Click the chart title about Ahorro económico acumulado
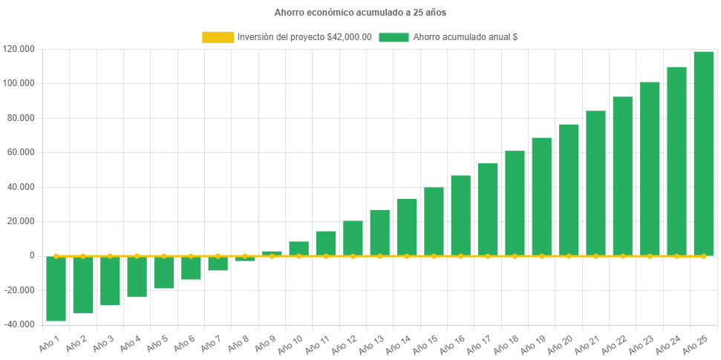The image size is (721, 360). (360, 13)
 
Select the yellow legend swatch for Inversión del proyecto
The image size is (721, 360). (218, 37)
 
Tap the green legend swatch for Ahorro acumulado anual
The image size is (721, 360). (394, 37)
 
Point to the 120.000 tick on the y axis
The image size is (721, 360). (19, 49)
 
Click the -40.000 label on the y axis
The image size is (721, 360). (19, 324)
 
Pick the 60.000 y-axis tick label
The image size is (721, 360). (19, 152)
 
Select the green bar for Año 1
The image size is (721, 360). (56, 289)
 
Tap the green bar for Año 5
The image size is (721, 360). (163, 272)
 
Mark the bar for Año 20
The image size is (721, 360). (569, 189)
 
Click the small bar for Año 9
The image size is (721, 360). (272, 253)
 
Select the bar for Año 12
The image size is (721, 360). (353, 238)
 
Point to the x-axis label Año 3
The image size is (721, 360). (103, 343)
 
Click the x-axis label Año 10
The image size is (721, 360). (292, 343)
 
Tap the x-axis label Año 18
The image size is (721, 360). (508, 343)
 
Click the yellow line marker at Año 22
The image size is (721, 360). (622, 256)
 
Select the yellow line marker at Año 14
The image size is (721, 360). (407, 256)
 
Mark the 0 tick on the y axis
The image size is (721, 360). (32, 255)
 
